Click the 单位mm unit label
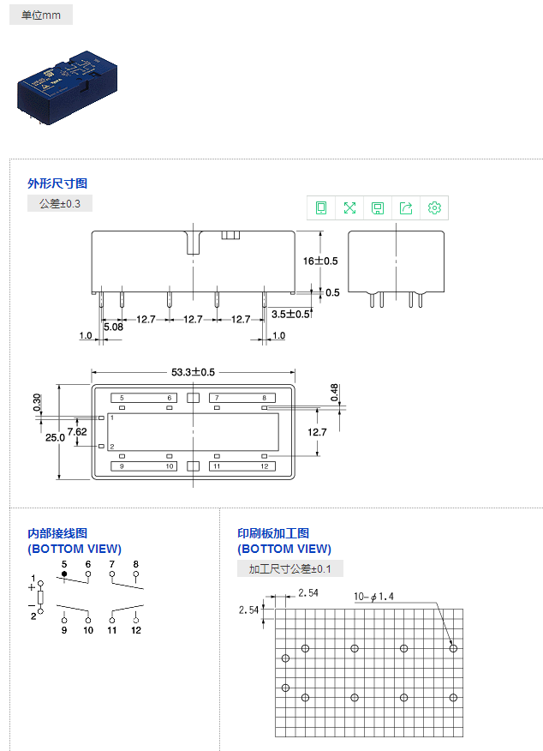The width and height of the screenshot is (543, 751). click(41, 15)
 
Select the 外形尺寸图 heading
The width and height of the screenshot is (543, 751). click(57, 183)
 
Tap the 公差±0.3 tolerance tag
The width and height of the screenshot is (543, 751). click(60, 203)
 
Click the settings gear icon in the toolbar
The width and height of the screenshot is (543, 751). click(434, 207)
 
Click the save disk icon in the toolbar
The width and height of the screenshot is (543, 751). click(378, 207)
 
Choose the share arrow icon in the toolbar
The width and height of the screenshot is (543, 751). click(406, 207)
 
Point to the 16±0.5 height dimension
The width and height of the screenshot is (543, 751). click(320, 261)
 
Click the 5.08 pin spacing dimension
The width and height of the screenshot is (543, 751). click(113, 327)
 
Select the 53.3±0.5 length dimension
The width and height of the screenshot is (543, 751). click(194, 372)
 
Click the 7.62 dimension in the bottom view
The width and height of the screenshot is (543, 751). click(77, 431)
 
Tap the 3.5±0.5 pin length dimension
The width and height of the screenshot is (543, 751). click(291, 314)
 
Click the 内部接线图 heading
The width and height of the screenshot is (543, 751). click(57, 533)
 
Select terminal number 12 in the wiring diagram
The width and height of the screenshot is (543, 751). click(136, 630)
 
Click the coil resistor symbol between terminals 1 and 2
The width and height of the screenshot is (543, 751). click(40, 597)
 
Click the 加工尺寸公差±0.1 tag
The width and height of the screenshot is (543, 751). click(290, 568)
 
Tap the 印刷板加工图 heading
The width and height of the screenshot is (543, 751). click(273, 533)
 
